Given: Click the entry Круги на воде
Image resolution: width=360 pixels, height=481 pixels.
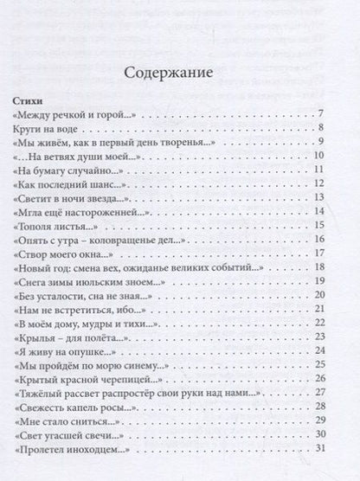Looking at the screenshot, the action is [73, 127].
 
